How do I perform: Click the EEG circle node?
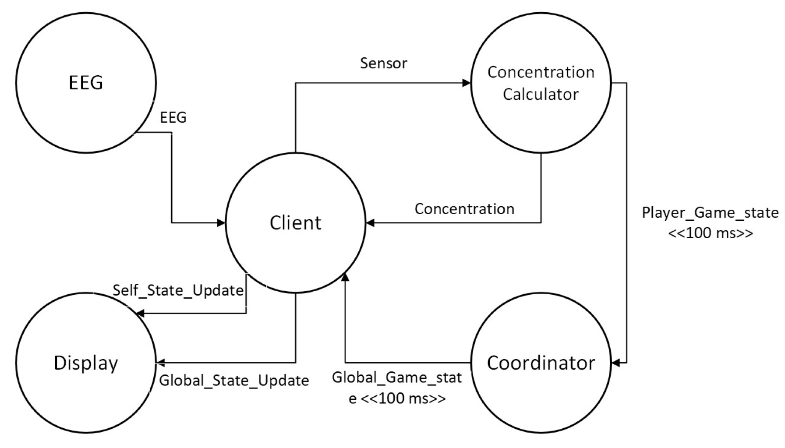pyautogui.click(x=86, y=82)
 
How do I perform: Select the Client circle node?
pyautogui.click(x=295, y=222)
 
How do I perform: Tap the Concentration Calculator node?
pyautogui.click(x=541, y=83)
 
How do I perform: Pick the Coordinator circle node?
pyautogui.click(x=541, y=363)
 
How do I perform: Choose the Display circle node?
pyautogui.click(x=86, y=363)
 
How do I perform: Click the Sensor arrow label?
pyautogui.click(x=383, y=63)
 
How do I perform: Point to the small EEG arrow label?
pyautogui.click(x=173, y=117)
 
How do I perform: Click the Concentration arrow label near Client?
pyautogui.click(x=464, y=209)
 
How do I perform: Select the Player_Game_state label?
pyautogui.click(x=710, y=213)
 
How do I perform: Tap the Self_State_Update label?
pyautogui.click(x=178, y=290)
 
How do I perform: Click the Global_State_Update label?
pyautogui.click(x=233, y=380)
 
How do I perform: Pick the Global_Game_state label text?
pyautogui.click(x=396, y=377)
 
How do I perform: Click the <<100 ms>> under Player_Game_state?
pyautogui.click(x=711, y=233)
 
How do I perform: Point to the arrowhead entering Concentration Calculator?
pyautogui.click(x=467, y=83)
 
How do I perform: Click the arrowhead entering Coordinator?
pyautogui.click(x=615, y=363)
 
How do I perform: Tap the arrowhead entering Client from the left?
pyautogui.click(x=221, y=223)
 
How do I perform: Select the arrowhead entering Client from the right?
pyautogui.click(x=370, y=223)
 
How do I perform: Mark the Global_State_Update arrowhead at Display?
pyautogui.click(x=160, y=363)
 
